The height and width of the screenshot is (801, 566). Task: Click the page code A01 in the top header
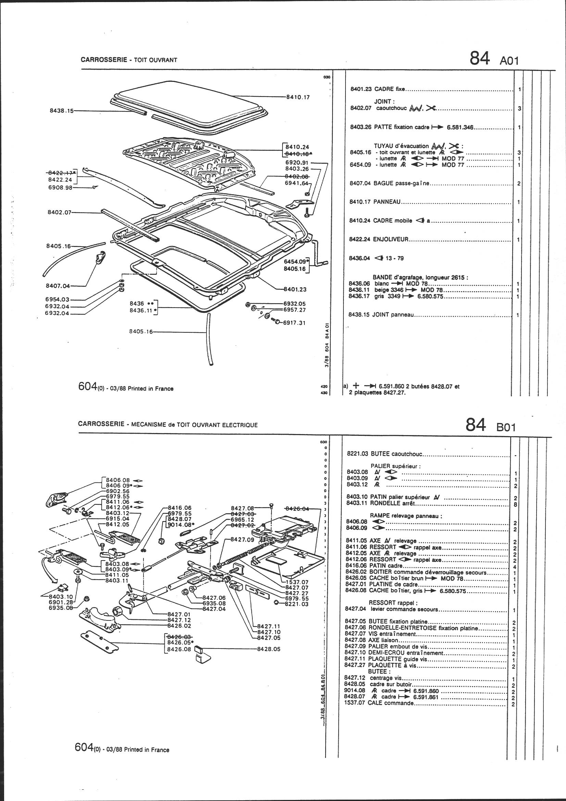[x=509, y=60]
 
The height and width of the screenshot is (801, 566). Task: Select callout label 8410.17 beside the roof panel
[x=298, y=97]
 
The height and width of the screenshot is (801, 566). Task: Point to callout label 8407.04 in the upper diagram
[x=58, y=286]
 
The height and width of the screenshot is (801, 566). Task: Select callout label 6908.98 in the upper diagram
[x=60, y=188]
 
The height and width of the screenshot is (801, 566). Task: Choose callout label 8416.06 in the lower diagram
[x=180, y=508]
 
